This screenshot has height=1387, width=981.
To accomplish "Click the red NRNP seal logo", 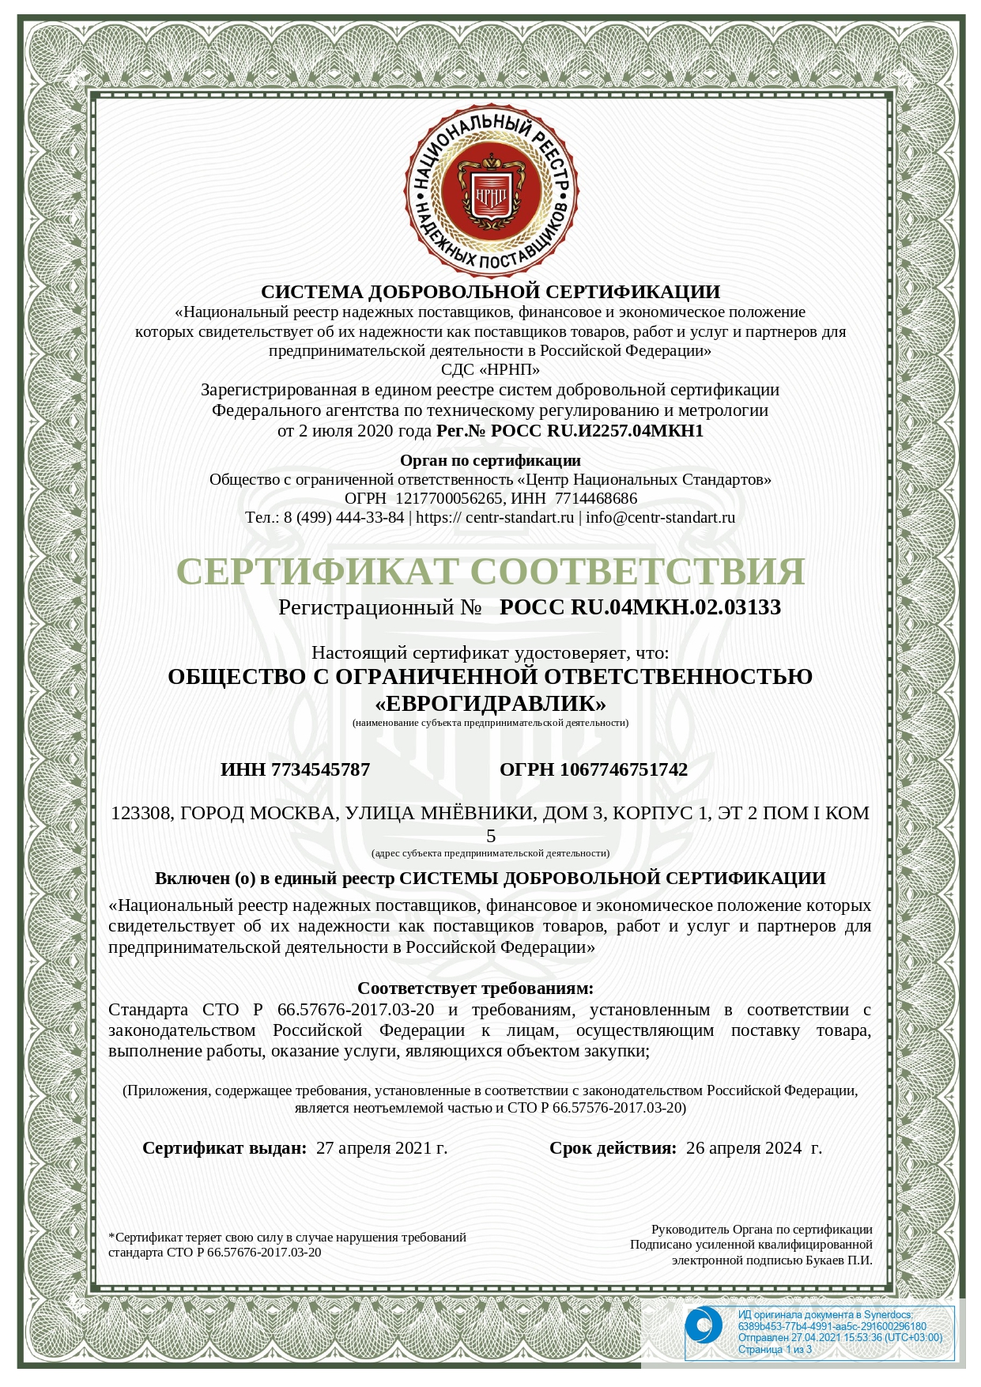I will pyautogui.click(x=490, y=190).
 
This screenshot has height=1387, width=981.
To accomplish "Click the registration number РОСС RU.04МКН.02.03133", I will pyautogui.click(x=640, y=607).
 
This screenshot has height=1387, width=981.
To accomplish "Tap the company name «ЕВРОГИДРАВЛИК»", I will pyautogui.click(x=490, y=703).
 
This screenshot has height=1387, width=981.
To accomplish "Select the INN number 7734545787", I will pyautogui.click(x=320, y=769).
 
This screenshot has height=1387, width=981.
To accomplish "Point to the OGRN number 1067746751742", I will pyautogui.click(x=624, y=769).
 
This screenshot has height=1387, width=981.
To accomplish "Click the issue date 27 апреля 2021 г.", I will pyautogui.click(x=382, y=1148).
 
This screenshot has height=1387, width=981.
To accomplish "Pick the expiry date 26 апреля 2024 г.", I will pyautogui.click(x=753, y=1148).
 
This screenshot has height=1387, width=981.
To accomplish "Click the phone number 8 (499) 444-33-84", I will pyautogui.click(x=344, y=517).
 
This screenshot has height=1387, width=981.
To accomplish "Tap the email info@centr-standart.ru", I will pyautogui.click(x=660, y=517).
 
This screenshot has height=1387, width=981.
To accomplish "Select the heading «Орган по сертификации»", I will pyautogui.click(x=490, y=460).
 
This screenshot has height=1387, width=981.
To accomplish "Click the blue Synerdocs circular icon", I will pyautogui.click(x=703, y=1326).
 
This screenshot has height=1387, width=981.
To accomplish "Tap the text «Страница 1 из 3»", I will pyautogui.click(x=775, y=1349).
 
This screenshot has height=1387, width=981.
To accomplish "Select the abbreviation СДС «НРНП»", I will pyautogui.click(x=490, y=369).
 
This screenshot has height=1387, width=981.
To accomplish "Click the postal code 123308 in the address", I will pyautogui.click(x=141, y=813).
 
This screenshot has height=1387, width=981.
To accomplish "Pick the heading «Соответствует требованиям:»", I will pyautogui.click(x=475, y=988).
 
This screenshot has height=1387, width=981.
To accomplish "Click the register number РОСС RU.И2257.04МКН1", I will pyautogui.click(x=597, y=431).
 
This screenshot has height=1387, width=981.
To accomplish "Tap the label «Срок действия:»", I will pyautogui.click(x=613, y=1148).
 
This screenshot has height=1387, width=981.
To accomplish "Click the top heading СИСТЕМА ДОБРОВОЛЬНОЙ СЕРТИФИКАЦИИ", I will pyautogui.click(x=490, y=292).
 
